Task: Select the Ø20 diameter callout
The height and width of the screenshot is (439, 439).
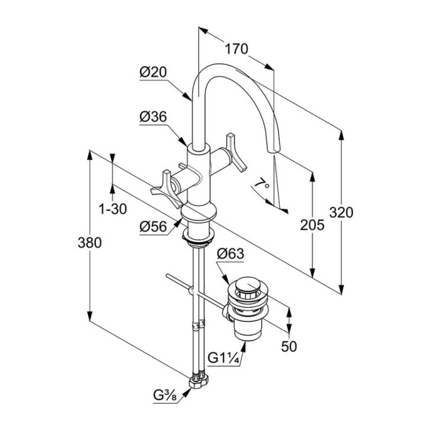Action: pyautogui.click(x=153, y=73)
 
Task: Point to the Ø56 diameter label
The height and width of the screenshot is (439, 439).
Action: pyautogui.click(x=153, y=226)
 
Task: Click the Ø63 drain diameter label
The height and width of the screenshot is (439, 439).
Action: pyautogui.click(x=230, y=254)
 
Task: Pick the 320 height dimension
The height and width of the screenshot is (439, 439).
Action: pyautogui.click(x=342, y=212)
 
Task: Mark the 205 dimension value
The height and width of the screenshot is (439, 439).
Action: pyautogui.click(x=312, y=225)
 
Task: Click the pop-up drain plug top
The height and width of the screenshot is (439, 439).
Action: pyautogui.click(x=250, y=288)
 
